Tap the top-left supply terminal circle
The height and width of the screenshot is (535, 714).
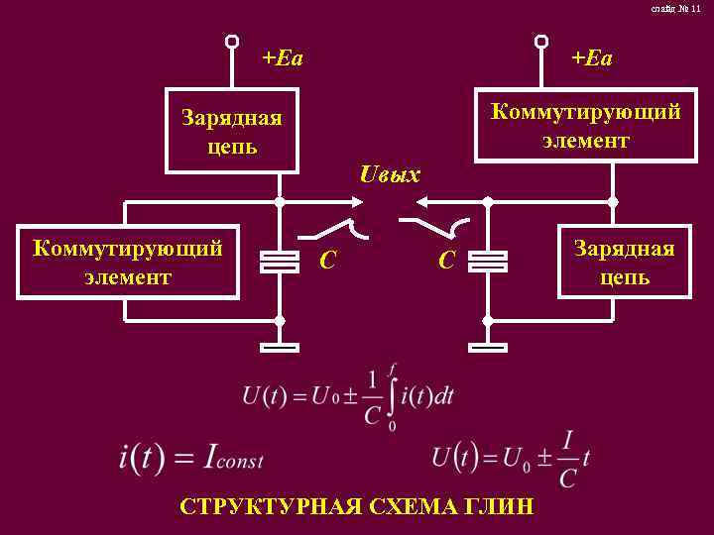click(x=231, y=42)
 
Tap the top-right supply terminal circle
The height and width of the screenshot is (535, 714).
click(x=540, y=42)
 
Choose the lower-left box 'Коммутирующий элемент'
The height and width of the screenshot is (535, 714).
click(x=127, y=263)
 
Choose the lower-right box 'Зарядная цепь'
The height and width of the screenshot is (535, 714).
click(x=625, y=263)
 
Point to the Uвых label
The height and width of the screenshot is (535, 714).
click(x=391, y=176)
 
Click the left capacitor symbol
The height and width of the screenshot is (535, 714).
click(x=279, y=262)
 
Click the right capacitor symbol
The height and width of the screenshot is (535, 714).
click(x=487, y=262)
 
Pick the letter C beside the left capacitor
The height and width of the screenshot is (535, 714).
click(x=328, y=261)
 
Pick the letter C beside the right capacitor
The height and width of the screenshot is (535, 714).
click(x=447, y=261)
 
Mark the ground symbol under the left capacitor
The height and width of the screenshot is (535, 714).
click(x=279, y=348)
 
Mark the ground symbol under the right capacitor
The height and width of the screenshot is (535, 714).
click(x=487, y=348)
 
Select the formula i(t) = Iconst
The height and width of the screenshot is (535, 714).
click(x=190, y=459)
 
